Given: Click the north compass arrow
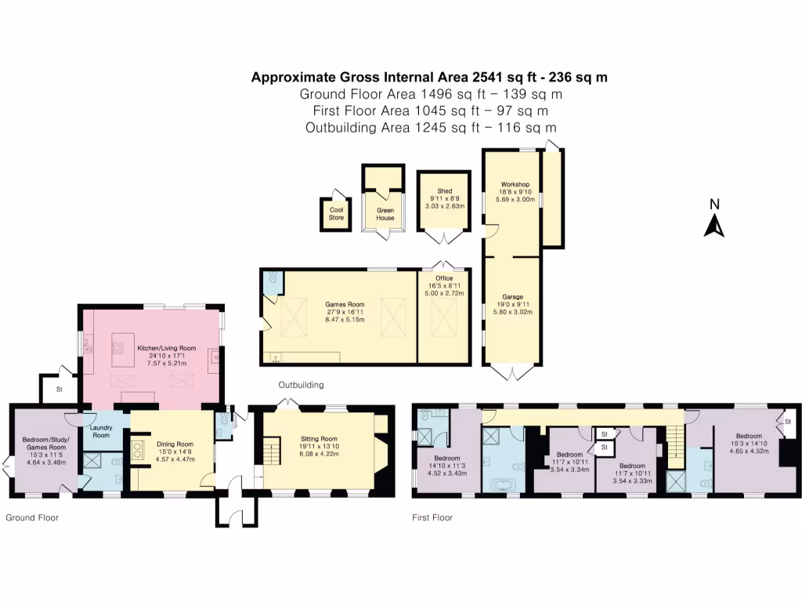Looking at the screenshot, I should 713,224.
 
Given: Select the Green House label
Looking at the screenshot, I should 385,213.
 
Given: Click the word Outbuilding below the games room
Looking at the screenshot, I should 302,385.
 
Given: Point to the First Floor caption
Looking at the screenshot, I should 432,517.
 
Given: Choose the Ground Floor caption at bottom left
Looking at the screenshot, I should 32,517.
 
